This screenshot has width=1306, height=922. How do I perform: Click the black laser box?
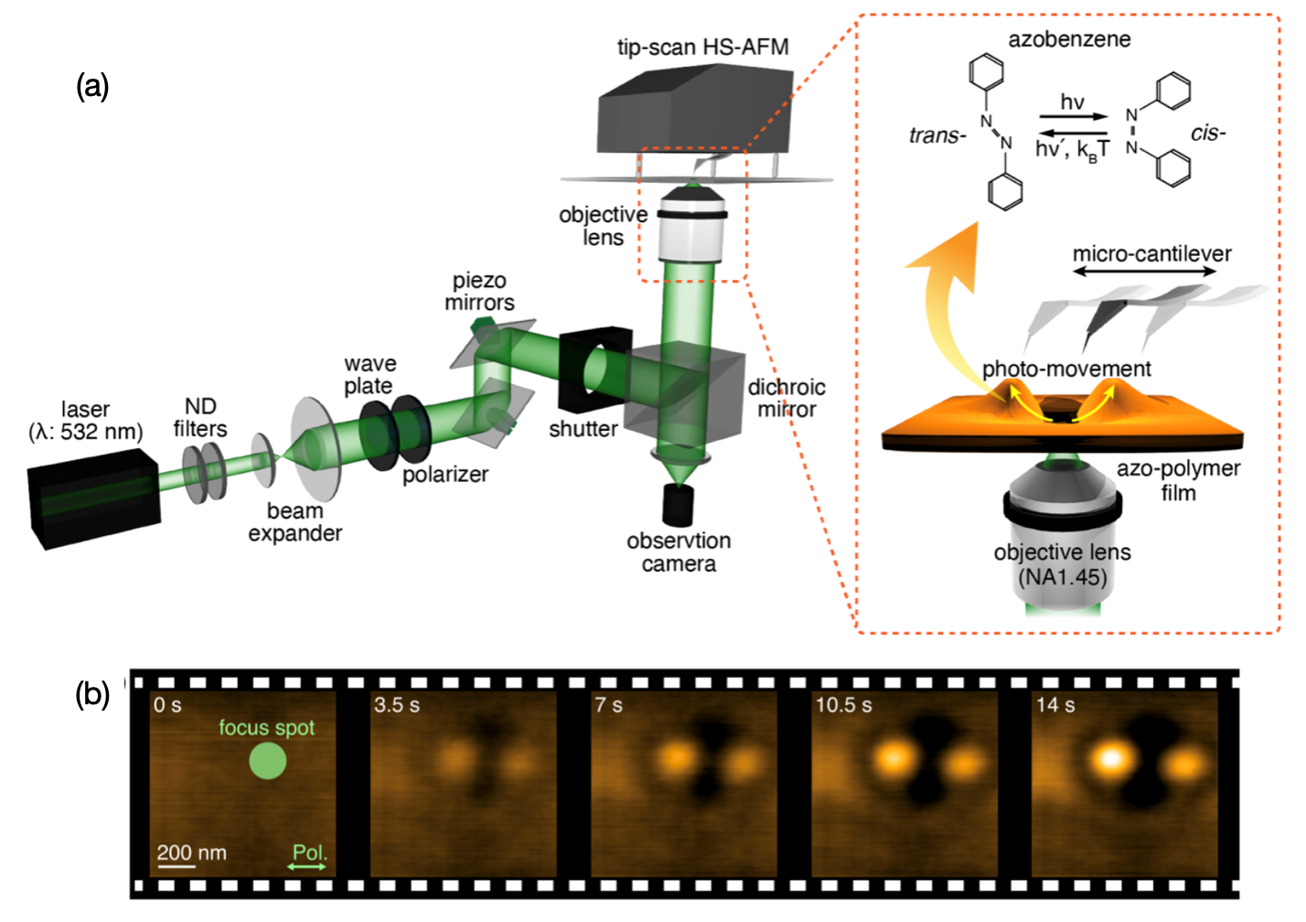coord(91,499)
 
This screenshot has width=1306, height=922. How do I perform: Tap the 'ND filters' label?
coord(200,417)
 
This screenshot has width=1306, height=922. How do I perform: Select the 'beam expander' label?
coord(294,522)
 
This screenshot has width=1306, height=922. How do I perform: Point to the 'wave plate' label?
coord(369,375)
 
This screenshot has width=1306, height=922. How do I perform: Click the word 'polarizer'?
coord(445,474)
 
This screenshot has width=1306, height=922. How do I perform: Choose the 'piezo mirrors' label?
coord(479,292)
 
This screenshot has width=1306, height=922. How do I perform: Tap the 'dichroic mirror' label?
coord(787,398)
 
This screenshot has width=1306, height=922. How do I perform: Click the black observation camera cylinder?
coord(678,505)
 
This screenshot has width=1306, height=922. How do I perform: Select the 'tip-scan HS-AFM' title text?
coord(702,48)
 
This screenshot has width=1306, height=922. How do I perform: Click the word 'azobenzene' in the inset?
coord(1069,39)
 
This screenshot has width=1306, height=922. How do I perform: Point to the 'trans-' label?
coord(937,136)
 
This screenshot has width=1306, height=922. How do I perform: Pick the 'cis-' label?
coord(1207,134)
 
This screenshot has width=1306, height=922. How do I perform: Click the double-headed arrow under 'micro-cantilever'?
coord(1151,273)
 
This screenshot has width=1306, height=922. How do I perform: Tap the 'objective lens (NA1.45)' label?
coord(1062,564)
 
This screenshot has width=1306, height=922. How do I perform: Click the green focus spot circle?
coord(268,761)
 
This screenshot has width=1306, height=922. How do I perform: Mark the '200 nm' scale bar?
coord(176,865)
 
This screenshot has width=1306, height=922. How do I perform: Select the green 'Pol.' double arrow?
coord(308,866)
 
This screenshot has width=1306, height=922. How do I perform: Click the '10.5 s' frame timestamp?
coord(843,705)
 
